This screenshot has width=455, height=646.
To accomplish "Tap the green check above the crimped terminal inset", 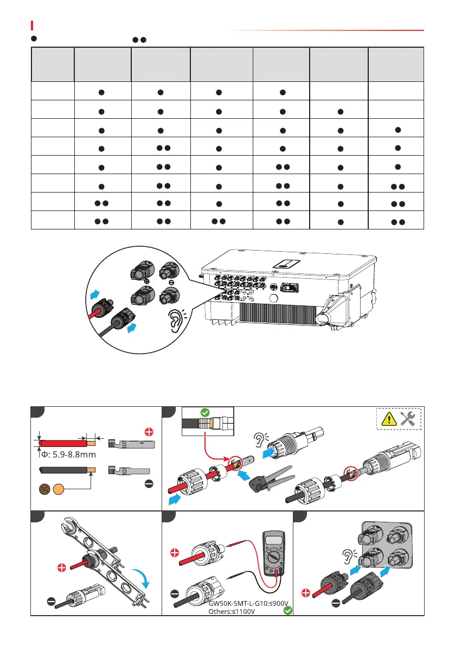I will [205, 412].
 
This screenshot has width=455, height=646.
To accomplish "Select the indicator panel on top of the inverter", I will [287, 265].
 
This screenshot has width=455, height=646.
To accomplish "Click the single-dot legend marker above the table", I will [34, 39].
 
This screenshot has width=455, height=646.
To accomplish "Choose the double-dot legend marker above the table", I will [139, 39].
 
